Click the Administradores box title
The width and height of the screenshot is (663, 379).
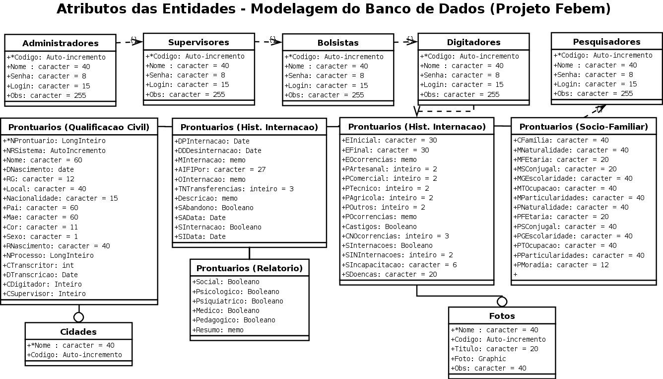coord(60,43)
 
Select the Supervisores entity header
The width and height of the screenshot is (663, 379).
coord(199,42)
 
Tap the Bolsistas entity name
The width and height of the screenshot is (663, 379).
coord(337,43)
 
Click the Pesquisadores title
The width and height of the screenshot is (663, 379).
coord(606,42)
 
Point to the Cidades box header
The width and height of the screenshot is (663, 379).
coord(78,332)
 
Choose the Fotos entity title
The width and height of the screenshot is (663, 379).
coord(502,316)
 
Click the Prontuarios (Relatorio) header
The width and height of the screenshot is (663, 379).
coord(249,268)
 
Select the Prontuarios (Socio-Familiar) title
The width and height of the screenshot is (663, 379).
coord(584,127)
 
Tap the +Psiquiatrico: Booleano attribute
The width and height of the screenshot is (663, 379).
coord(238,301)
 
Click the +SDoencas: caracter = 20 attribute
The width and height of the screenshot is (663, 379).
coord(390,274)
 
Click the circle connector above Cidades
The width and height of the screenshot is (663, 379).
coord(78,317)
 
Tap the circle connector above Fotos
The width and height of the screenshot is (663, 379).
coord(502,302)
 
